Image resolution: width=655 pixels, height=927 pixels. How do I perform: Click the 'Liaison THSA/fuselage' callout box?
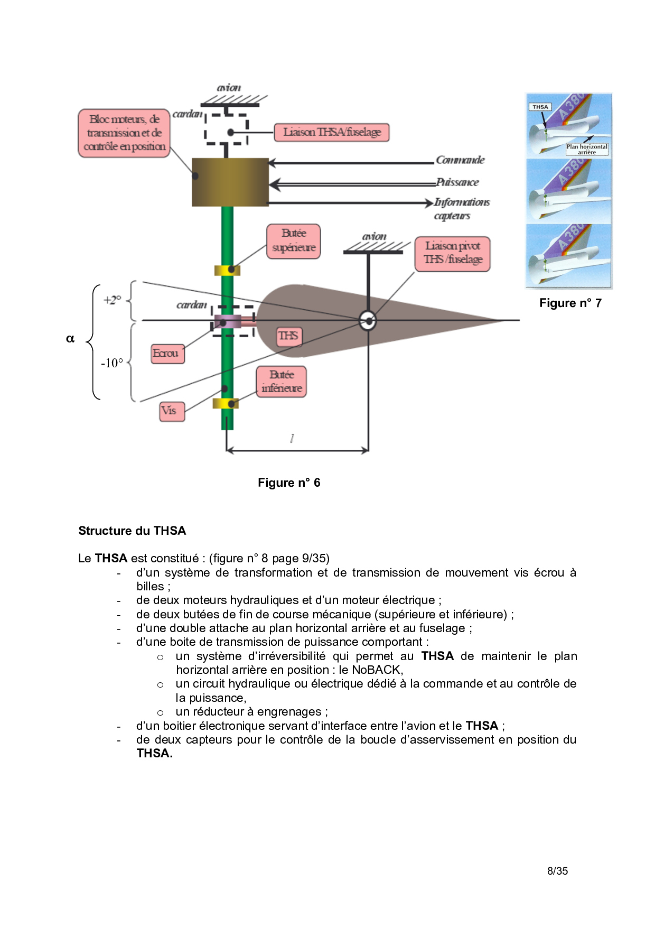pyautogui.click(x=332, y=132)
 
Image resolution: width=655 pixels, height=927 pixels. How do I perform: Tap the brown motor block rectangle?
pyautogui.click(x=230, y=182)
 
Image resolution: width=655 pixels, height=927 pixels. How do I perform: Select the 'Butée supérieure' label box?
pyautogui.click(x=294, y=241)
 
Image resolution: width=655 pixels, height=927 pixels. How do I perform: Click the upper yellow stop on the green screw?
pyautogui.click(x=227, y=271)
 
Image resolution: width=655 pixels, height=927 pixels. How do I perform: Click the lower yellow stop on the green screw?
pyautogui.click(x=226, y=404)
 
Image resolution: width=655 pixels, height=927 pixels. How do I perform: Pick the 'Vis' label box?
pyautogui.click(x=172, y=411)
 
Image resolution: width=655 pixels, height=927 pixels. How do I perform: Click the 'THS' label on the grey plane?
pyautogui.click(x=288, y=336)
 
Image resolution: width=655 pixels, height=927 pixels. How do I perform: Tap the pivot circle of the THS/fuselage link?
pyautogui.click(x=368, y=320)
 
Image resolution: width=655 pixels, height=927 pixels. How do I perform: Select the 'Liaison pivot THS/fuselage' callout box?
pyautogui.click(x=453, y=253)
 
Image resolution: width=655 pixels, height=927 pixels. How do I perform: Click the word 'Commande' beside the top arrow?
pyautogui.click(x=460, y=160)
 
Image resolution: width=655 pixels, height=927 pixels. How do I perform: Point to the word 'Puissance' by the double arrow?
pyautogui.click(x=457, y=182)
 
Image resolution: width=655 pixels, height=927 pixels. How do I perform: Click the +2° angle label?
pyautogui.click(x=113, y=300)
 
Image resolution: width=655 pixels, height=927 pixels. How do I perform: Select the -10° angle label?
pyautogui.click(x=112, y=363)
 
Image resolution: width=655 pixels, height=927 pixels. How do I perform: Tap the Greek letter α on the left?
pyautogui.click(x=70, y=339)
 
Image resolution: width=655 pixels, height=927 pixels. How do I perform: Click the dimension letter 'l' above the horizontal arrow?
pyautogui.click(x=292, y=438)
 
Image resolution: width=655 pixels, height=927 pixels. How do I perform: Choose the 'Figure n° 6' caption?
pyautogui.click(x=289, y=483)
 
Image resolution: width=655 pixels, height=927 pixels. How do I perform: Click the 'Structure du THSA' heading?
pyautogui.click(x=132, y=531)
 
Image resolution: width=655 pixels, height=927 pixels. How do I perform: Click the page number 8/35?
pyautogui.click(x=557, y=871)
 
